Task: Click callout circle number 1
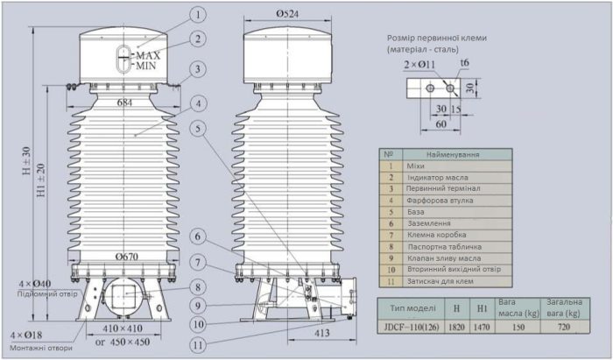(x=199, y=14)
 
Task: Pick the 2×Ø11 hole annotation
(x=419, y=64)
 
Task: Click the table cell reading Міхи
(x=416, y=166)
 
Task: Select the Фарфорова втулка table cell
(x=440, y=201)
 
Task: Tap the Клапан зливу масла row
(x=445, y=258)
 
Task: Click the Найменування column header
(x=453, y=154)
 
